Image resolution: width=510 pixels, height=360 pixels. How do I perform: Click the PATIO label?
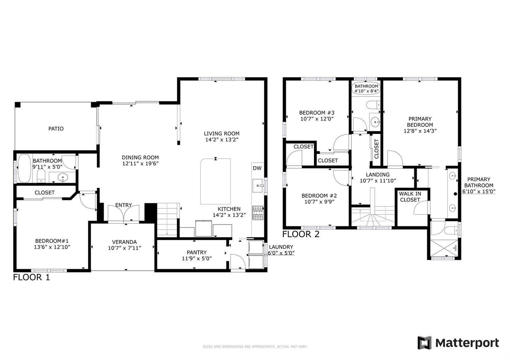point(56,129)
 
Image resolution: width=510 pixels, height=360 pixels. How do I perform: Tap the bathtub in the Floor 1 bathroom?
point(24,169)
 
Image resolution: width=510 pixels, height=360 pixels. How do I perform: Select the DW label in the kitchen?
point(257,168)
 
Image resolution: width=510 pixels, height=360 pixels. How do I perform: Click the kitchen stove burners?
point(258,213)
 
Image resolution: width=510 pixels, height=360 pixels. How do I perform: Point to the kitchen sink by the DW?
point(258,185)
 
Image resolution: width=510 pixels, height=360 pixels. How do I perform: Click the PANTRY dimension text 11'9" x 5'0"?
point(197,258)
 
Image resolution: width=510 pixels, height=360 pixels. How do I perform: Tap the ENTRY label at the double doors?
point(123,205)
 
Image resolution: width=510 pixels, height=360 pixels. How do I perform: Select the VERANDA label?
point(124,242)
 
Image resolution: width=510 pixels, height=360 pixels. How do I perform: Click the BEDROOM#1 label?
point(52,241)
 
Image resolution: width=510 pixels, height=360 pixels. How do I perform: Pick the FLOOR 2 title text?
point(301,234)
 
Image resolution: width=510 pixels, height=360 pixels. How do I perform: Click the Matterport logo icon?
point(424,343)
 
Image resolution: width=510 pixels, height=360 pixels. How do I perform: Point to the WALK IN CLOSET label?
point(410,197)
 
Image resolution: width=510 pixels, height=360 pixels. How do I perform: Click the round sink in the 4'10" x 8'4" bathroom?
point(375,122)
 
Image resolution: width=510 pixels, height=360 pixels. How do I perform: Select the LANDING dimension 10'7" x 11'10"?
point(378,181)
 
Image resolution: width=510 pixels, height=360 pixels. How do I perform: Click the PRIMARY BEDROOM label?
point(420,122)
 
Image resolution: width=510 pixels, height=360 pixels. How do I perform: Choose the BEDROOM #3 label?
point(317,113)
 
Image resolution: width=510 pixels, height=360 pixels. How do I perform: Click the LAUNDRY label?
point(281,247)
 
